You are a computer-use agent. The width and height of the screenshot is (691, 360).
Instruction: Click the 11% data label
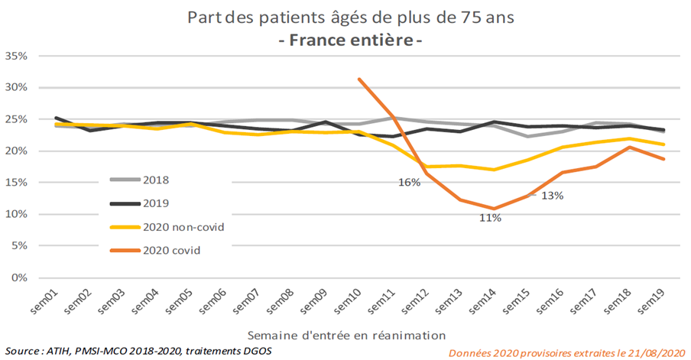(490, 218)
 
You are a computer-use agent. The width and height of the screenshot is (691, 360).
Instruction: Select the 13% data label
(553, 195)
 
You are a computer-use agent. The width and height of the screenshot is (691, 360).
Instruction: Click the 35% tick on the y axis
(16, 56)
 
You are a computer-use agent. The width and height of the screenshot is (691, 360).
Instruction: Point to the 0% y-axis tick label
(19, 277)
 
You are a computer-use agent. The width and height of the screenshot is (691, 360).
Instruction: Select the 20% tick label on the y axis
(16, 151)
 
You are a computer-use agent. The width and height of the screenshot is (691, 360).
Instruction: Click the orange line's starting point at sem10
(358, 79)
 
